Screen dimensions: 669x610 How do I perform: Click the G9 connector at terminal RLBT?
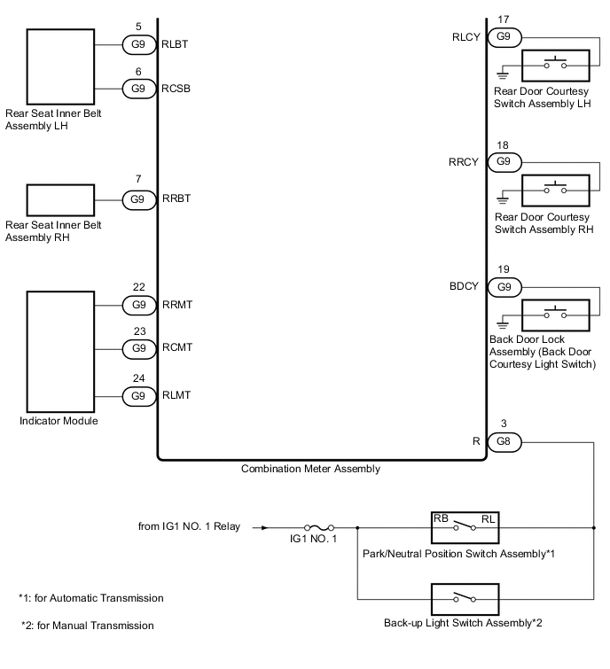pyautogui.click(x=137, y=42)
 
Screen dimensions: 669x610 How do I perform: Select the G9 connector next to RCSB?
pyautogui.click(x=137, y=88)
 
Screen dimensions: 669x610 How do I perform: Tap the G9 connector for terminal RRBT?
pyautogui.click(x=137, y=199)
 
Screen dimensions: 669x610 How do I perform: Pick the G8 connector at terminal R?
pyautogui.click(x=503, y=440)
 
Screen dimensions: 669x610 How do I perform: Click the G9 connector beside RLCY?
pyautogui.click(x=503, y=36)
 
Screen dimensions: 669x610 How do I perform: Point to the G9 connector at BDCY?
pyautogui.click(x=503, y=287)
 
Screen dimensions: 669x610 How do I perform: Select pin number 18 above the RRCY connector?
pyautogui.click(x=503, y=144)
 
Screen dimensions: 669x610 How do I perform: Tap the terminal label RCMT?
pyautogui.click(x=177, y=348)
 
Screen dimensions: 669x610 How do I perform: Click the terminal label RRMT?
pyautogui.click(x=177, y=305)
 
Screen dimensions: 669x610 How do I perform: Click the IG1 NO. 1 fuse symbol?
pyautogui.click(x=320, y=527)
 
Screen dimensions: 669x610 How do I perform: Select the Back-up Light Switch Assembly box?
pyautogui.click(x=464, y=598)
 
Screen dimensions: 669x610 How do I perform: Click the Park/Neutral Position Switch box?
pyautogui.click(x=464, y=527)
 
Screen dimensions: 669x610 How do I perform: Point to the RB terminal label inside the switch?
pyautogui.click(x=440, y=517)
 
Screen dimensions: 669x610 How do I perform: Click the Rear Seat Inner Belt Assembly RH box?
pyautogui.click(x=59, y=199)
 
